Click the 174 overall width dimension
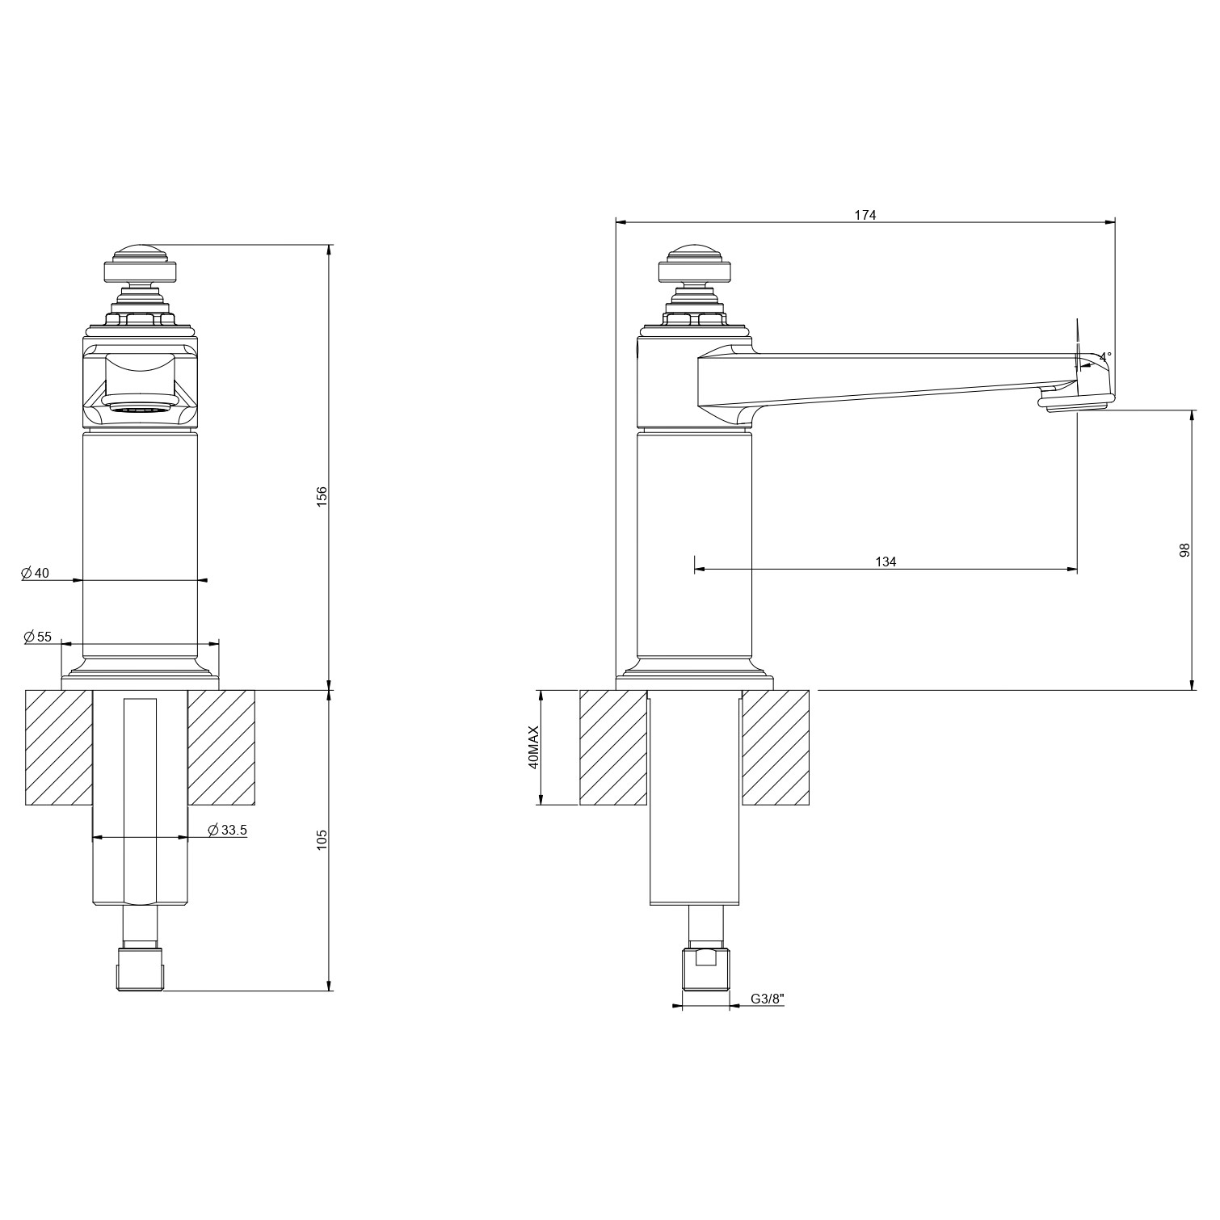pyautogui.click(x=865, y=215)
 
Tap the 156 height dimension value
pyautogui.click(x=322, y=495)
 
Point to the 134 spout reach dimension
pyautogui.click(x=886, y=562)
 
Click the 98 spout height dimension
pyautogui.click(x=1184, y=549)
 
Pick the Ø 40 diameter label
pyautogui.click(x=36, y=573)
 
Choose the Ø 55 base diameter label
pyautogui.click(x=37, y=637)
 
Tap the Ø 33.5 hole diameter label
pyautogui.click(x=227, y=830)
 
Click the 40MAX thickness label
pyautogui.click(x=532, y=747)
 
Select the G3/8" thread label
pyautogui.click(x=768, y=999)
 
